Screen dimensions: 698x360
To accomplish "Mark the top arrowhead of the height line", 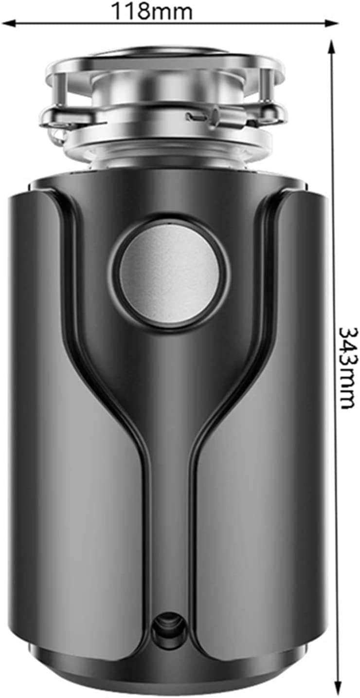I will [332, 45].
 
